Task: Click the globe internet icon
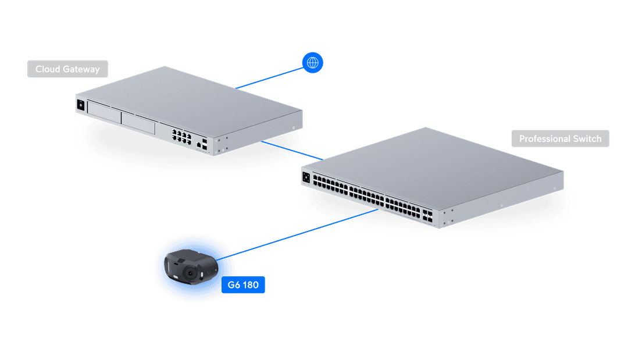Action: tap(313, 62)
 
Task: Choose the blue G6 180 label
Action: tap(243, 286)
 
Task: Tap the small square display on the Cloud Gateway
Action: tap(81, 105)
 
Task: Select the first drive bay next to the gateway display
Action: tap(104, 114)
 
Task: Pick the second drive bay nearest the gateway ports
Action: tap(138, 123)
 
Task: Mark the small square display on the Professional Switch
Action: tap(306, 174)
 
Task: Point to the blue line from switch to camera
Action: tap(302, 233)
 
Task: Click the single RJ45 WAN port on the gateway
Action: tap(199, 142)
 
